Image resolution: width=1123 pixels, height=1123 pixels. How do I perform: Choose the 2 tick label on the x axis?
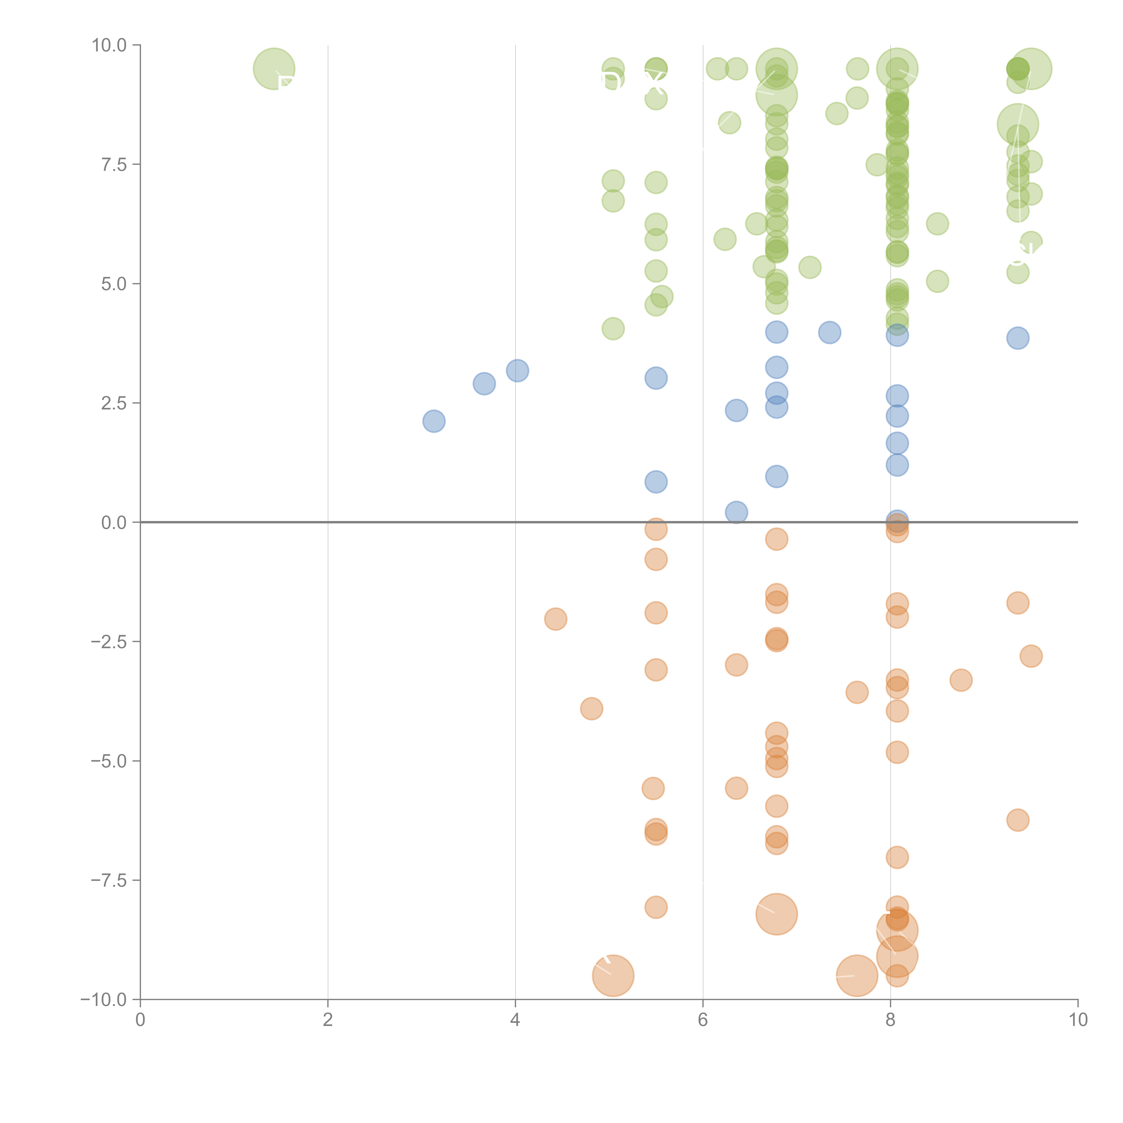click(328, 1020)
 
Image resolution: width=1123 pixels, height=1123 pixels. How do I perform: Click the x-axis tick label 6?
click(703, 1020)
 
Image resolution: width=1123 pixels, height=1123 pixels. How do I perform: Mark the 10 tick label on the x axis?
click(1078, 1020)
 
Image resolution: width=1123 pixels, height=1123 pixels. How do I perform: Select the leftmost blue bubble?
click(434, 421)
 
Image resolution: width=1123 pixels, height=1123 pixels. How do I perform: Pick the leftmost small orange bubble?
click(555, 619)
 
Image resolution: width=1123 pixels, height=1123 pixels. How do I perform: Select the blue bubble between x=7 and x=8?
click(829, 332)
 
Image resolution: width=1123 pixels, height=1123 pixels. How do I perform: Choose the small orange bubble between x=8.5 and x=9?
click(961, 680)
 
